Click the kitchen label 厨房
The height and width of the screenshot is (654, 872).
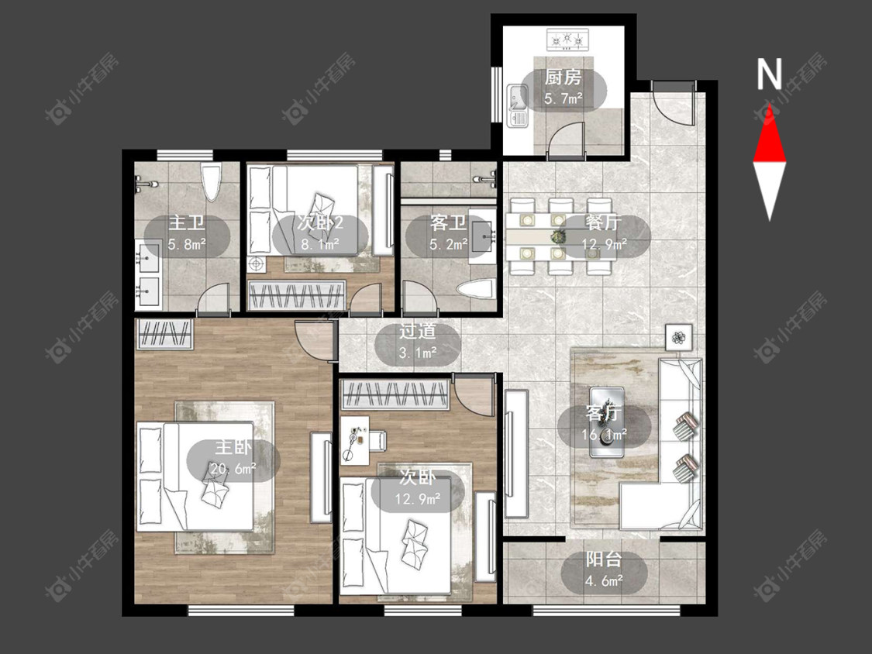(563, 77)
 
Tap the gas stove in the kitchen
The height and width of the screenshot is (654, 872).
(567, 40)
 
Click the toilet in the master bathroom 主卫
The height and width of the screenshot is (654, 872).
(211, 181)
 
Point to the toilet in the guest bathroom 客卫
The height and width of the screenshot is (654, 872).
(474, 290)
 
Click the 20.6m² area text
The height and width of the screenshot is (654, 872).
(233, 469)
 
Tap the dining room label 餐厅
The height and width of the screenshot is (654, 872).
(603, 223)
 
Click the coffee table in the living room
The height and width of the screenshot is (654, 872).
(606, 422)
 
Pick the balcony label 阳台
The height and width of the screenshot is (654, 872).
(603, 559)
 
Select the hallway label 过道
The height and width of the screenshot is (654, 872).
(417, 332)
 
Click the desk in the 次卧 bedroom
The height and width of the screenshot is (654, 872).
(355, 440)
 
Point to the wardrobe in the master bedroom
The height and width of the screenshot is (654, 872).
(164, 334)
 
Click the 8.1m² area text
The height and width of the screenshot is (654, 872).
(320, 244)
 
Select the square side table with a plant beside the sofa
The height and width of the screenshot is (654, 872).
(678, 337)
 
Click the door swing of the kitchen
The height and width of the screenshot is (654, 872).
(566, 139)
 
